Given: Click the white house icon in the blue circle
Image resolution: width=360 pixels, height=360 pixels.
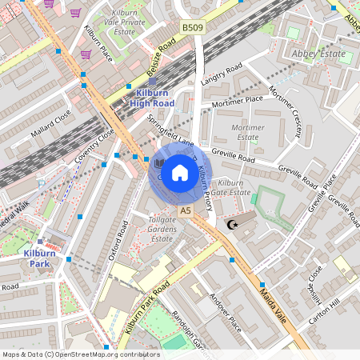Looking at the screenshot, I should (180, 173).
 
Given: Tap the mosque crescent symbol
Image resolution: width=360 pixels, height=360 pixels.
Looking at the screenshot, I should (233, 225).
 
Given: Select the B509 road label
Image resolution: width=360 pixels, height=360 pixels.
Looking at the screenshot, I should (192, 28).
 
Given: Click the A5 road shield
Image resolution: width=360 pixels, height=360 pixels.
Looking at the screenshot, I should (186, 210).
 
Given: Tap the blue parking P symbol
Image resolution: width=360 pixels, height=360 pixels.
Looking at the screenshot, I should (42, 183).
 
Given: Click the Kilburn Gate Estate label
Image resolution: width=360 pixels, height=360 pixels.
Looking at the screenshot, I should (235, 188).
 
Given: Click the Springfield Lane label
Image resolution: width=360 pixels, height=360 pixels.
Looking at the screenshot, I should (170, 130).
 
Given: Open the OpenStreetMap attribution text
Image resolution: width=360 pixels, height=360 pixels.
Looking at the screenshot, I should (80, 354).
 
